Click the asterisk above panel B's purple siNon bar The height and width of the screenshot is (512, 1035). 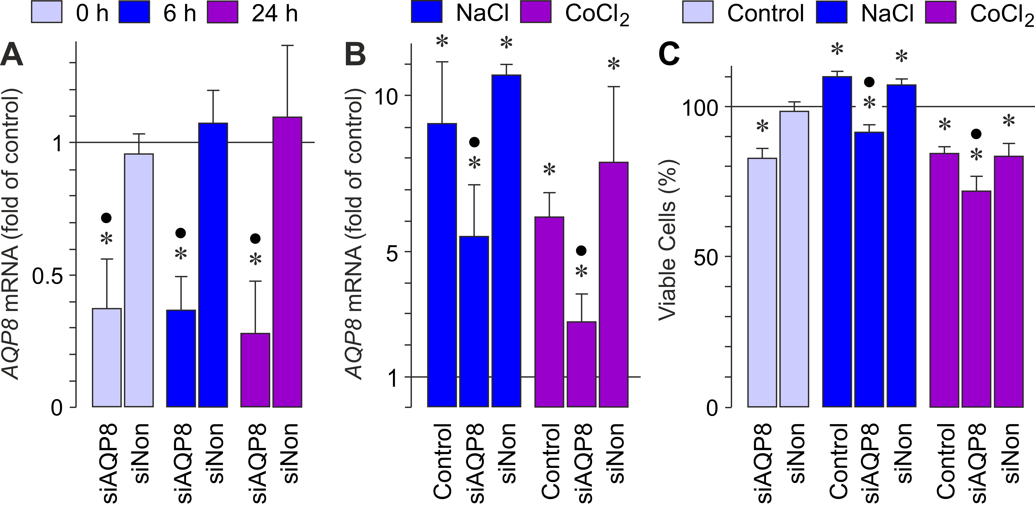pyautogui.click(x=614, y=64)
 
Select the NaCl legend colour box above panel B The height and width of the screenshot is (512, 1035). pyautogui.click(x=427, y=12)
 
